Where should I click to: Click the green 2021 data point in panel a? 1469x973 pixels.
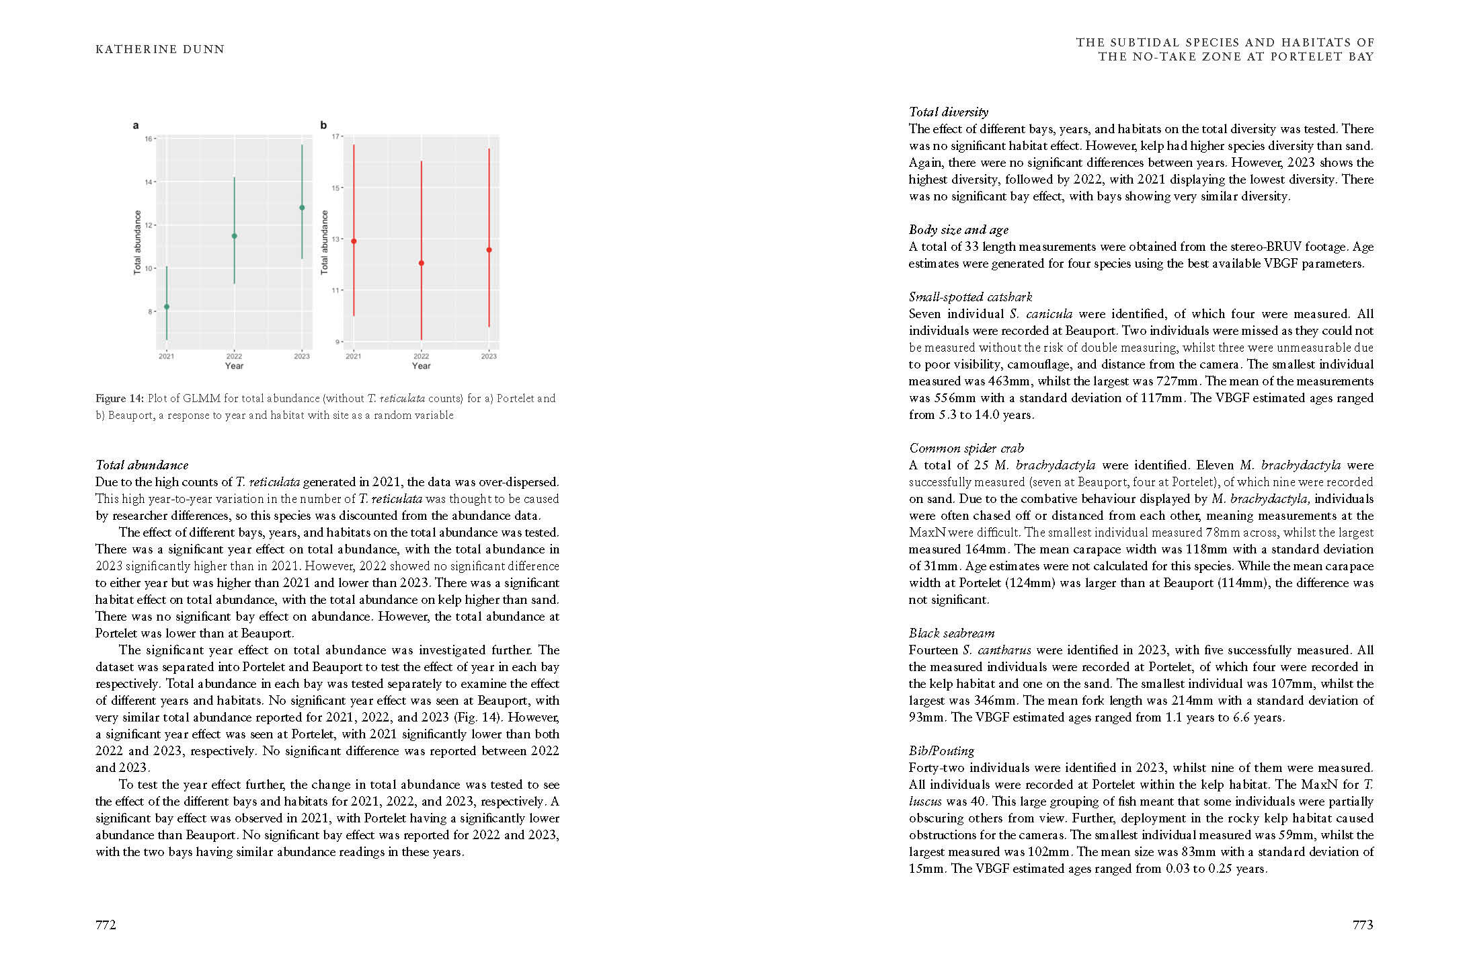(167, 307)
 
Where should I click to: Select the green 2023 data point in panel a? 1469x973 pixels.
(302, 208)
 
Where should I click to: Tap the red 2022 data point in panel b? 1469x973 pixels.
(422, 263)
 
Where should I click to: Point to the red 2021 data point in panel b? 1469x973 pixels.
(354, 241)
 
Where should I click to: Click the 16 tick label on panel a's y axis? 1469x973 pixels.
(148, 139)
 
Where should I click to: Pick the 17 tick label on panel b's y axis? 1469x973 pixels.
(335, 137)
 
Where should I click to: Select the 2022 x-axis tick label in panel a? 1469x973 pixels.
(234, 356)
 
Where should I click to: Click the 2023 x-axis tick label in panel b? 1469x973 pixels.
(489, 356)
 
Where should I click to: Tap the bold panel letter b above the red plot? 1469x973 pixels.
(323, 125)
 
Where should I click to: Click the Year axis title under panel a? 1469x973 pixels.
(234, 366)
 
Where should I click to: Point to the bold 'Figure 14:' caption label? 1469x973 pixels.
(120, 398)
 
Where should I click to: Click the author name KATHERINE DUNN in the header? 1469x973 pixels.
(160, 49)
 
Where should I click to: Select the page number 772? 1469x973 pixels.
(106, 925)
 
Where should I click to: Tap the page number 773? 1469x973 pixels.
(1363, 925)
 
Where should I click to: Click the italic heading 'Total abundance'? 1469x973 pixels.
(142, 465)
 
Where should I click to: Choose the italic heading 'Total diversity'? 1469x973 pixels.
(948, 112)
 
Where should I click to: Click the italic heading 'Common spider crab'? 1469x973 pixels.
(965, 448)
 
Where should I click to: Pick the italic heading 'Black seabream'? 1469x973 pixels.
(951, 633)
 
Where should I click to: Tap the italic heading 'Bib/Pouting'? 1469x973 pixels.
(941, 750)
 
